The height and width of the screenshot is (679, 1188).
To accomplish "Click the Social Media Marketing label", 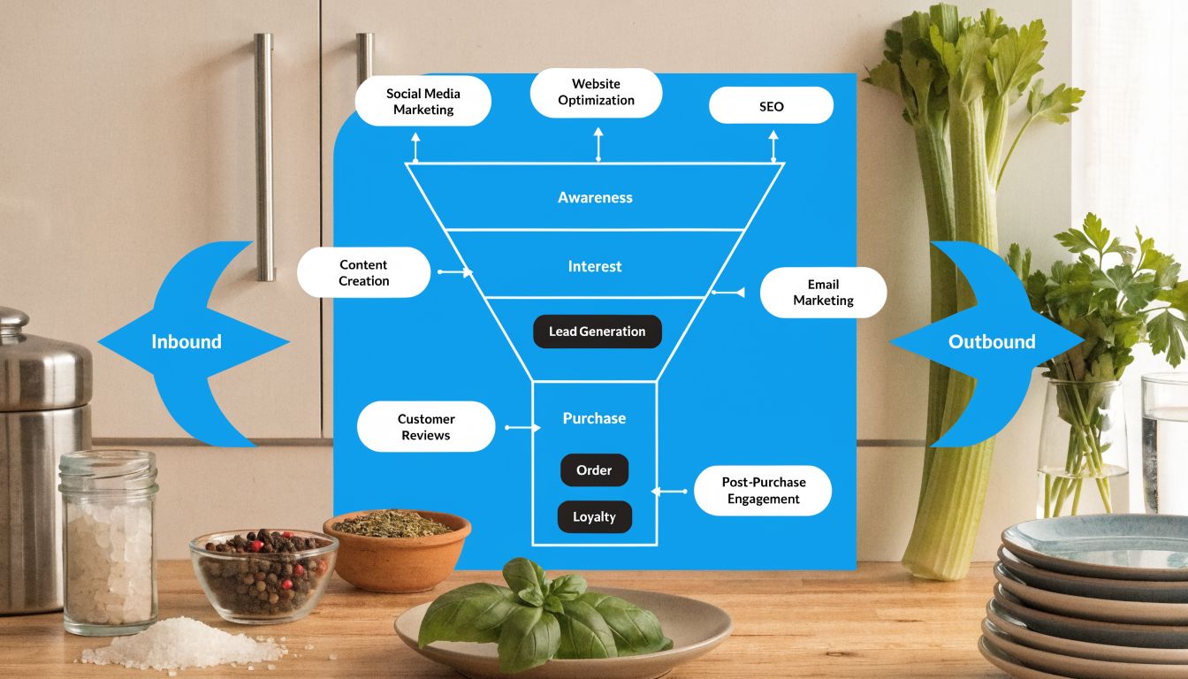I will click(423, 102).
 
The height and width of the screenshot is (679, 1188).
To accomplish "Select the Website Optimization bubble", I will click(596, 93).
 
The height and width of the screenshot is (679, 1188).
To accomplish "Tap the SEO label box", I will click(771, 106).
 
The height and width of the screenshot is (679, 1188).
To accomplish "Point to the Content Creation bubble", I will click(363, 272).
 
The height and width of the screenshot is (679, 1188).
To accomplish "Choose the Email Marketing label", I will click(823, 293).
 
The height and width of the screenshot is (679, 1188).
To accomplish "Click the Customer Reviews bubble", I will click(426, 427).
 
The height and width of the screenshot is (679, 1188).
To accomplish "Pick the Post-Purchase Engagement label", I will click(763, 491).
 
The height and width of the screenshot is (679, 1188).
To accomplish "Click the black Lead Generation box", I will click(598, 332).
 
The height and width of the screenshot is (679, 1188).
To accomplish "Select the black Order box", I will click(594, 470).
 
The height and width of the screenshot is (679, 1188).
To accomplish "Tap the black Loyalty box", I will click(594, 517).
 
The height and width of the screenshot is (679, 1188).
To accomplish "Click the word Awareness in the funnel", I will click(595, 197).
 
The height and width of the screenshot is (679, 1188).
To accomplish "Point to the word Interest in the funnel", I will click(595, 266).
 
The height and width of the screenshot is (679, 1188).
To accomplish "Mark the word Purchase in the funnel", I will click(594, 418).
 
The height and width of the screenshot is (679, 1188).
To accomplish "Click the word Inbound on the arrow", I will click(187, 342).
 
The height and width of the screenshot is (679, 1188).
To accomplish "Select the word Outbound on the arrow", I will click(992, 342).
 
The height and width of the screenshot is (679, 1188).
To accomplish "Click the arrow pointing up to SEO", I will click(773, 146).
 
